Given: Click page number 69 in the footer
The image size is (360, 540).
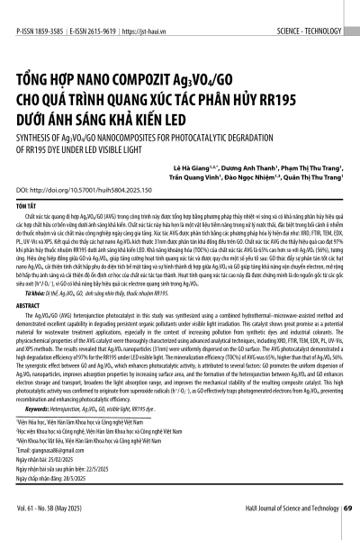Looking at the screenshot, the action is click(347, 521).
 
